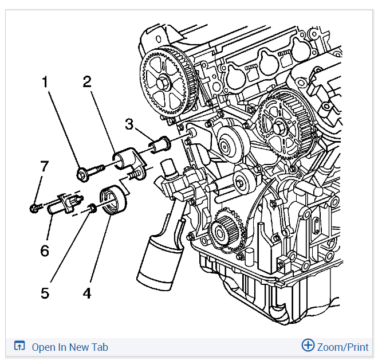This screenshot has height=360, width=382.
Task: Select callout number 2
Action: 87,81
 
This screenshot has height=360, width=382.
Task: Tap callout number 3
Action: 130,124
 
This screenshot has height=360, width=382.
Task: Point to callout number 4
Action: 87,293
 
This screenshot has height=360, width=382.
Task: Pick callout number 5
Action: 45,293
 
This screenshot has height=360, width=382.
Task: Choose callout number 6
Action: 45,251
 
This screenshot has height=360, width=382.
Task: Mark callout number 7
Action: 45,166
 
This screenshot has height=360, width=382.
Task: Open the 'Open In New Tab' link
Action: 69,347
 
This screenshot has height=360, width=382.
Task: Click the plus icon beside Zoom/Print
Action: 308,346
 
